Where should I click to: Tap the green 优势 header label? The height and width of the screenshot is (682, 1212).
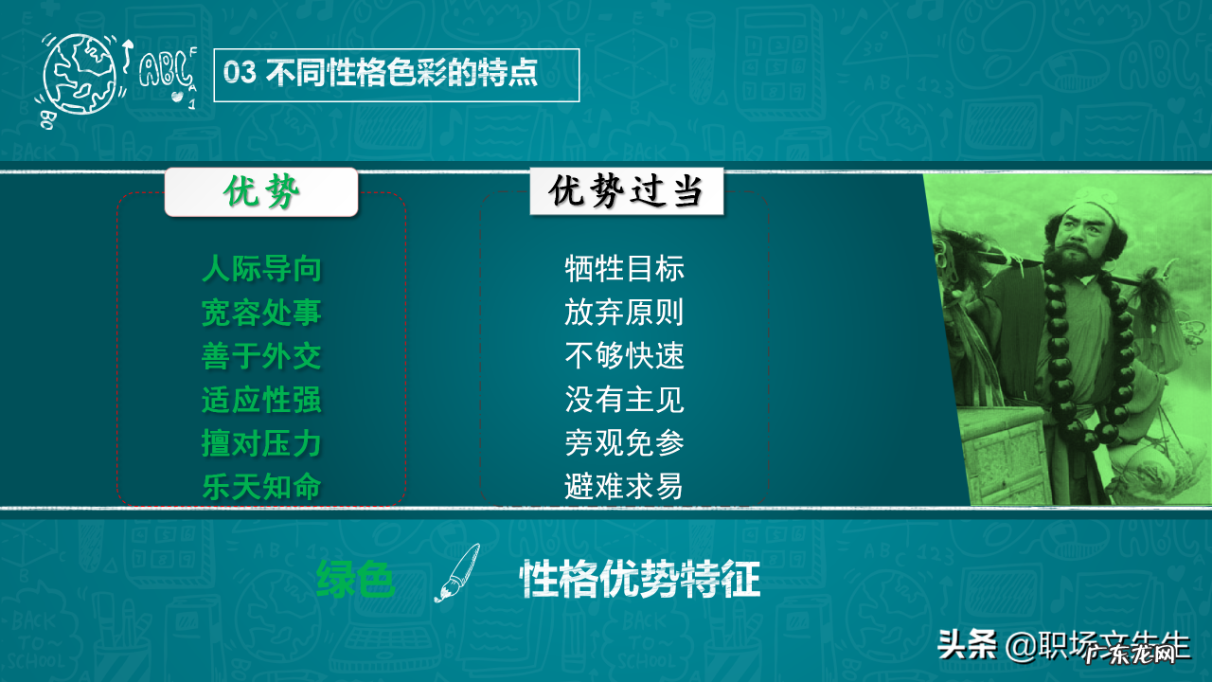coord(261,192)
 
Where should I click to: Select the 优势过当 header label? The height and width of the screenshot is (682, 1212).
coord(626,192)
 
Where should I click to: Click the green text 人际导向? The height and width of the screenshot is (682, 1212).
coord(261,269)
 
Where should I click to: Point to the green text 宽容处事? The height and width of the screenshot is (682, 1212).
coord(261,313)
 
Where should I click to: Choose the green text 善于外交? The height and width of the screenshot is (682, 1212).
coord(261,356)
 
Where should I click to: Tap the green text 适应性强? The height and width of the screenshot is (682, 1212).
coord(261,400)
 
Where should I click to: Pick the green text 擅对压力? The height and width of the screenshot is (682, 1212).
coord(261,443)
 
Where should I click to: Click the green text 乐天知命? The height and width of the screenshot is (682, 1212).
coord(261,487)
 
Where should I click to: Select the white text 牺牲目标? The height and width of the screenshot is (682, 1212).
coord(624,269)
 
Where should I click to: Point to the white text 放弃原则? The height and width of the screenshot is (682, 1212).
coord(624,313)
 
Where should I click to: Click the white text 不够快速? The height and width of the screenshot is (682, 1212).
coord(624,356)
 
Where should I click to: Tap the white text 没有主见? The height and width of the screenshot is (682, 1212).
coord(624,400)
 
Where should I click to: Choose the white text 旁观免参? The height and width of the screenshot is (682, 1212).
coord(624,443)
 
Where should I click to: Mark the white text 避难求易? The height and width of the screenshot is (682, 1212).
coord(624,487)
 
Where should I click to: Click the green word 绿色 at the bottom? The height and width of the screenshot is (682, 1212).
coord(356,580)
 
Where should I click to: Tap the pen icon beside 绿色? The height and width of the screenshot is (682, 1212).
coord(456,573)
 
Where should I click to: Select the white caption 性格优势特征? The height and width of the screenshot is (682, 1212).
coord(640,580)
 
